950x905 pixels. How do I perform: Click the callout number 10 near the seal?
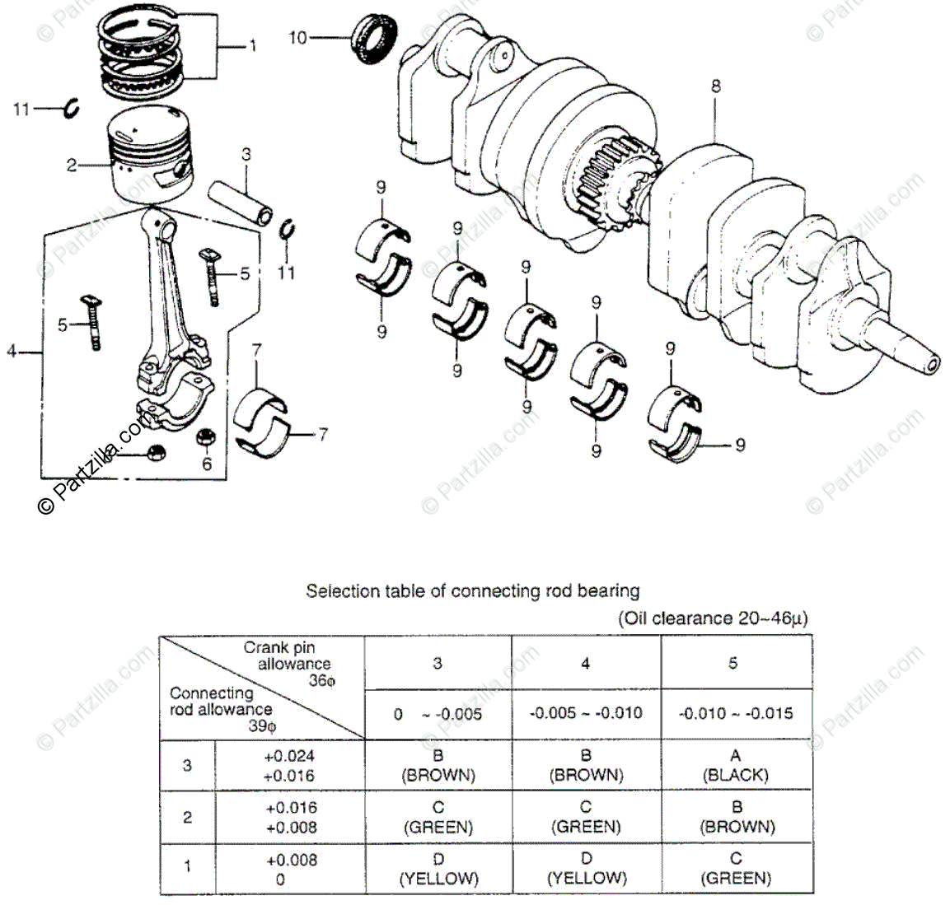click(x=297, y=37)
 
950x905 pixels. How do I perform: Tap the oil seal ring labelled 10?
click(x=374, y=40)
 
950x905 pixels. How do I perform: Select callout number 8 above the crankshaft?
click(x=715, y=85)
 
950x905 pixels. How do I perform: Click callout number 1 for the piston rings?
click(x=252, y=46)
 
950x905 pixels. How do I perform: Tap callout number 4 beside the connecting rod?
click(x=12, y=352)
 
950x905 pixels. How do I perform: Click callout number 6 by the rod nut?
click(x=207, y=464)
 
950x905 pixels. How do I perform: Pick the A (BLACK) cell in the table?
click(x=735, y=765)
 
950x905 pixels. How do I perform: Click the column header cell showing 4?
click(x=586, y=663)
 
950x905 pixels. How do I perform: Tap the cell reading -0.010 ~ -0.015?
click(x=735, y=713)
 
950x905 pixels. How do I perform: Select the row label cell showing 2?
click(x=188, y=817)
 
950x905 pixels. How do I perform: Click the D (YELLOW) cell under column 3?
click(x=438, y=869)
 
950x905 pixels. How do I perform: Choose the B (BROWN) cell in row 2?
click(x=735, y=817)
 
